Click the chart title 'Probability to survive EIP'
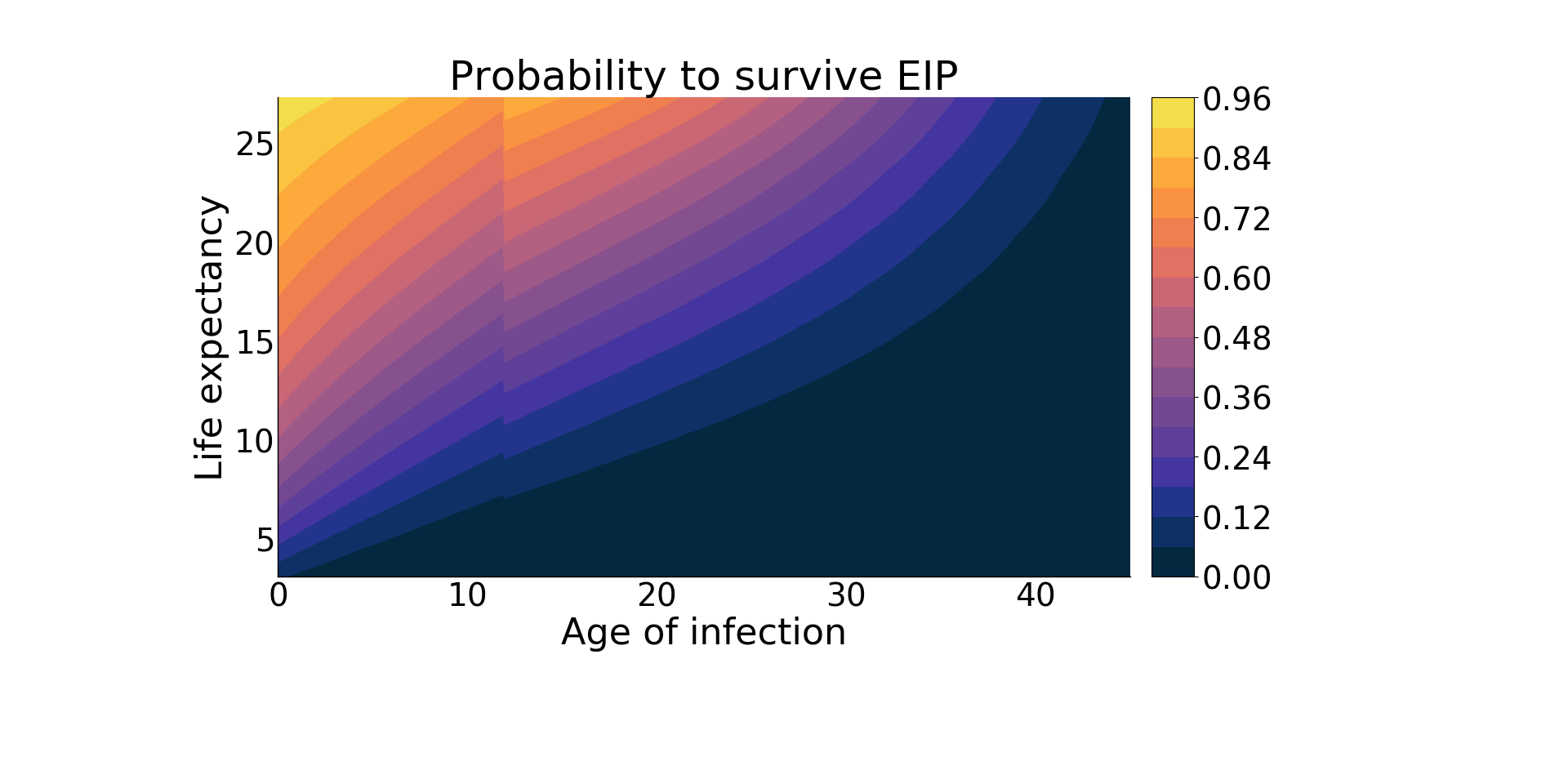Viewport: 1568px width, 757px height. (703, 78)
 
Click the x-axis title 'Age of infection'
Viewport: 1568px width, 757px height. (703, 633)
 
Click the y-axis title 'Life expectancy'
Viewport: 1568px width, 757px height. (209, 337)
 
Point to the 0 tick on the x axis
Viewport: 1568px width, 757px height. (278, 596)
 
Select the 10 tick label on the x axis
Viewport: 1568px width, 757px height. (468, 596)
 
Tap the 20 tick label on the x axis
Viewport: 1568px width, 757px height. (657, 596)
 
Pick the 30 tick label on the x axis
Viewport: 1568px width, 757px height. (847, 596)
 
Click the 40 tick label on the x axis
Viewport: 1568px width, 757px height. (1036, 596)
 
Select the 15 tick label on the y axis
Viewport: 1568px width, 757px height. (255, 343)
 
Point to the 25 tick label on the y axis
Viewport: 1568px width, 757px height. (255, 145)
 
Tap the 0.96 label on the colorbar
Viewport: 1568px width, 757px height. (1237, 100)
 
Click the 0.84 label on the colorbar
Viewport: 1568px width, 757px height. (1237, 159)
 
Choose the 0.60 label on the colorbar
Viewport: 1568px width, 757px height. (1237, 278)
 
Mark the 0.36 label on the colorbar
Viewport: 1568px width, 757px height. (1237, 399)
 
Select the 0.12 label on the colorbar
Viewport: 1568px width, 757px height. (1237, 518)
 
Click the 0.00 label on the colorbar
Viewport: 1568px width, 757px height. (1237, 577)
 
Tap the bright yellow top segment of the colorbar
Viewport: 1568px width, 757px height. (1173, 113)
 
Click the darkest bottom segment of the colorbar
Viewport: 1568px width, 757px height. (1173, 562)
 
